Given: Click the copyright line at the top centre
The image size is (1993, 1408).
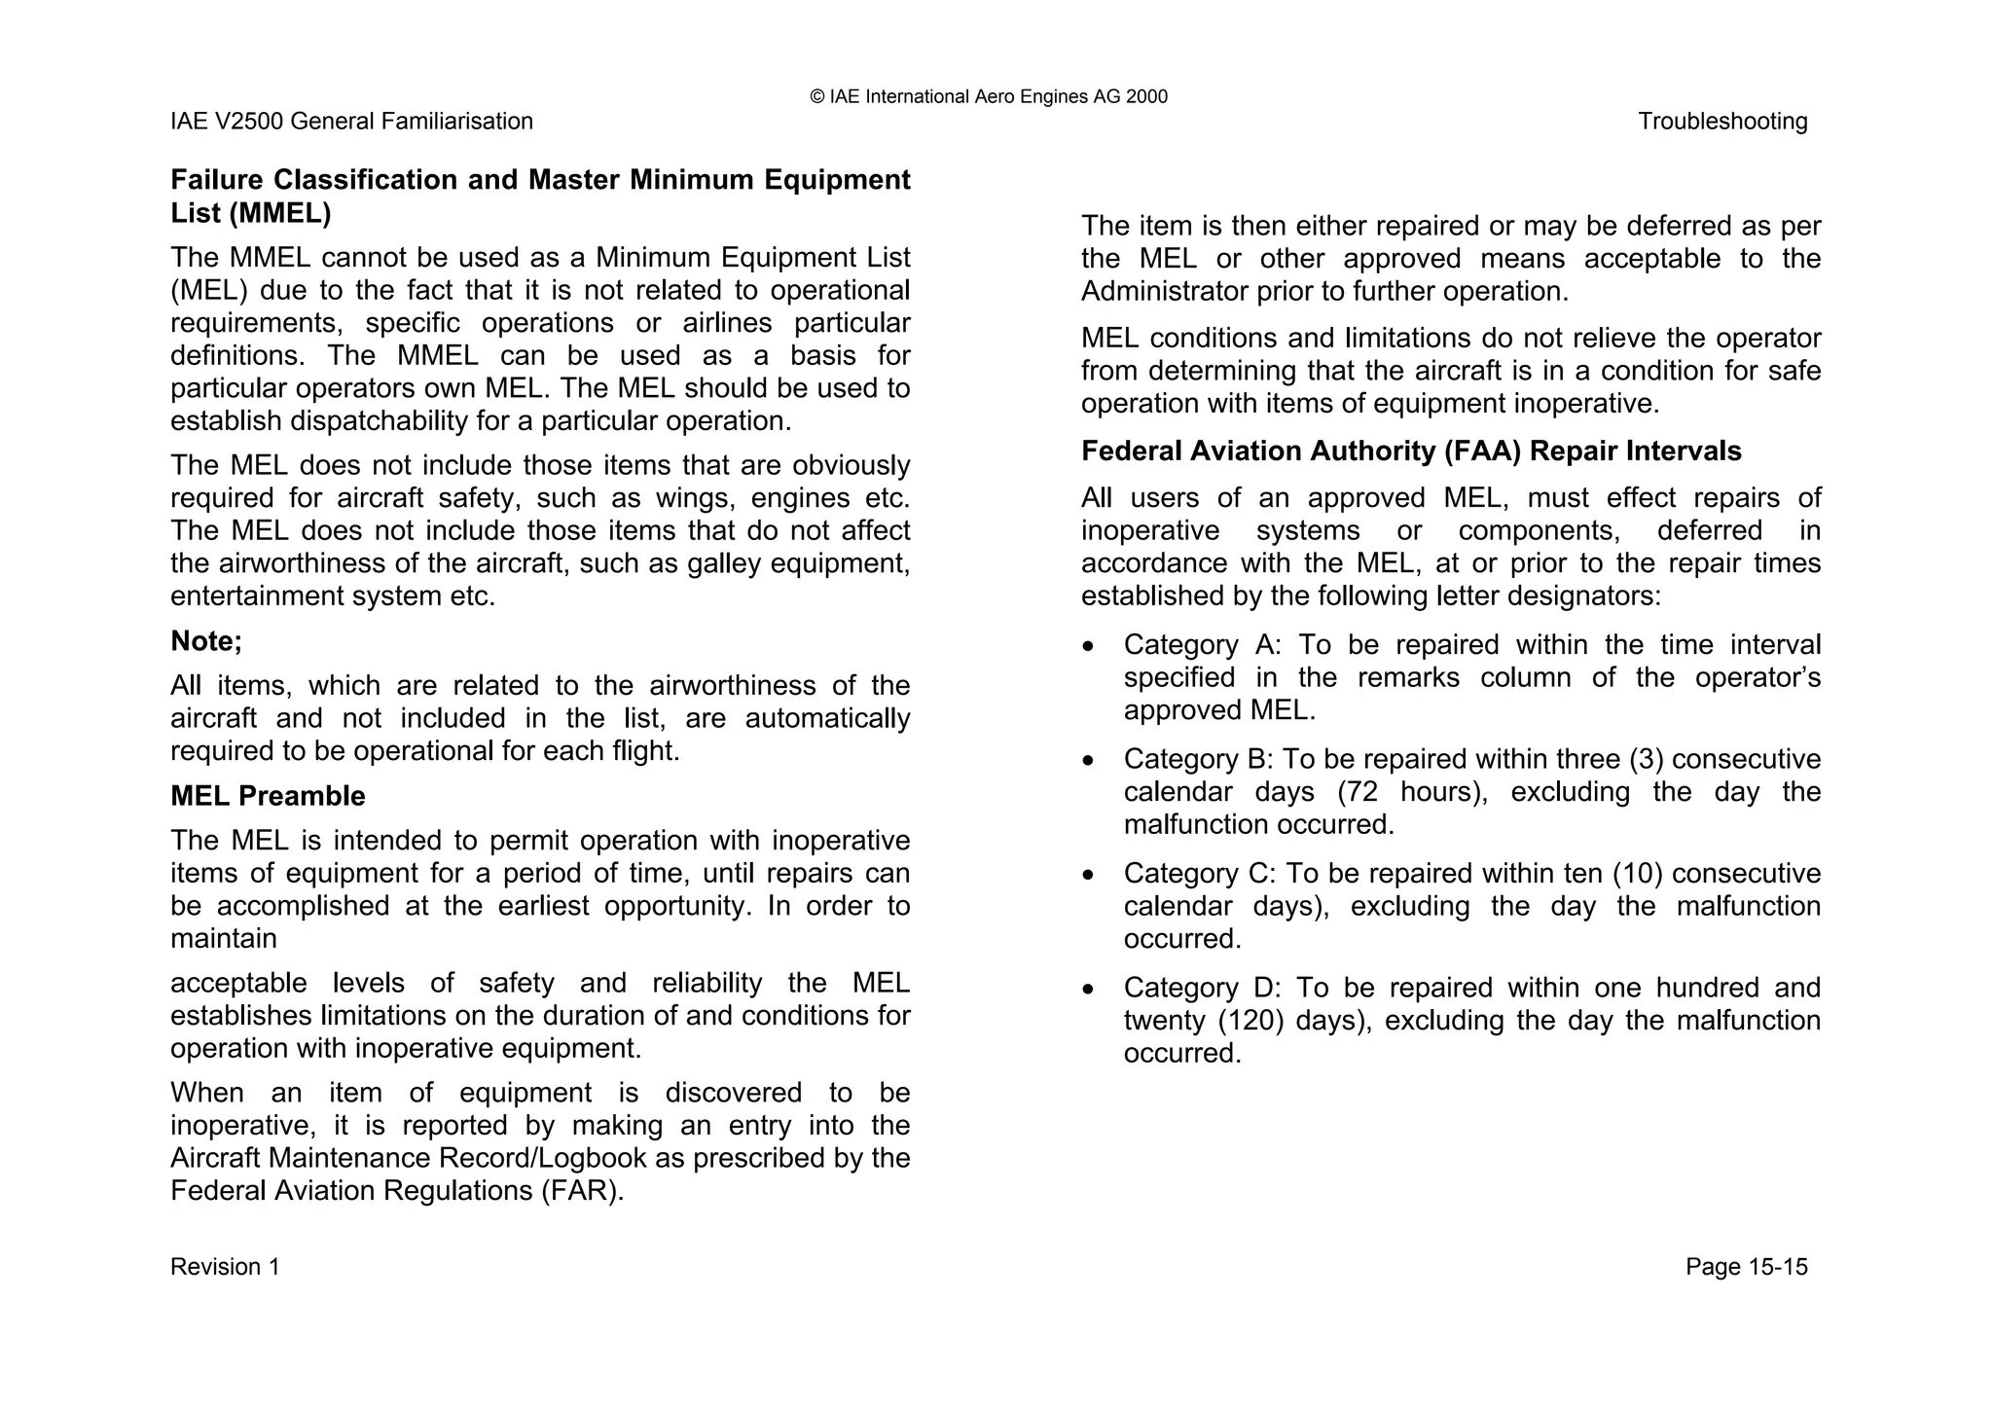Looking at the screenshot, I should [988, 96].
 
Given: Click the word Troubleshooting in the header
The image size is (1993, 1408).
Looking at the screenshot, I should [1721, 122].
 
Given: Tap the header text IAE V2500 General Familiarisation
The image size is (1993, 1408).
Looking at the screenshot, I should [351, 122].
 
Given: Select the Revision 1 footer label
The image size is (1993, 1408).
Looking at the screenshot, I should [225, 1267].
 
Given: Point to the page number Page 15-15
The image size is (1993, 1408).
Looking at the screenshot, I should [1746, 1267].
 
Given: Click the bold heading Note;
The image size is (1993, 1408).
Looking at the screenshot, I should [206, 641].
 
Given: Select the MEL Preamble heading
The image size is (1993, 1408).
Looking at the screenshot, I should [268, 796].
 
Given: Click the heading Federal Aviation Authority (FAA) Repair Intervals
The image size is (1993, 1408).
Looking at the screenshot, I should [1411, 451].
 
